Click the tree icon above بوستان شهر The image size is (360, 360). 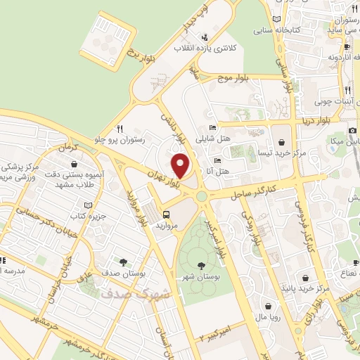[x=203, y=266]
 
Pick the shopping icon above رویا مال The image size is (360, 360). [x=271, y=304]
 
